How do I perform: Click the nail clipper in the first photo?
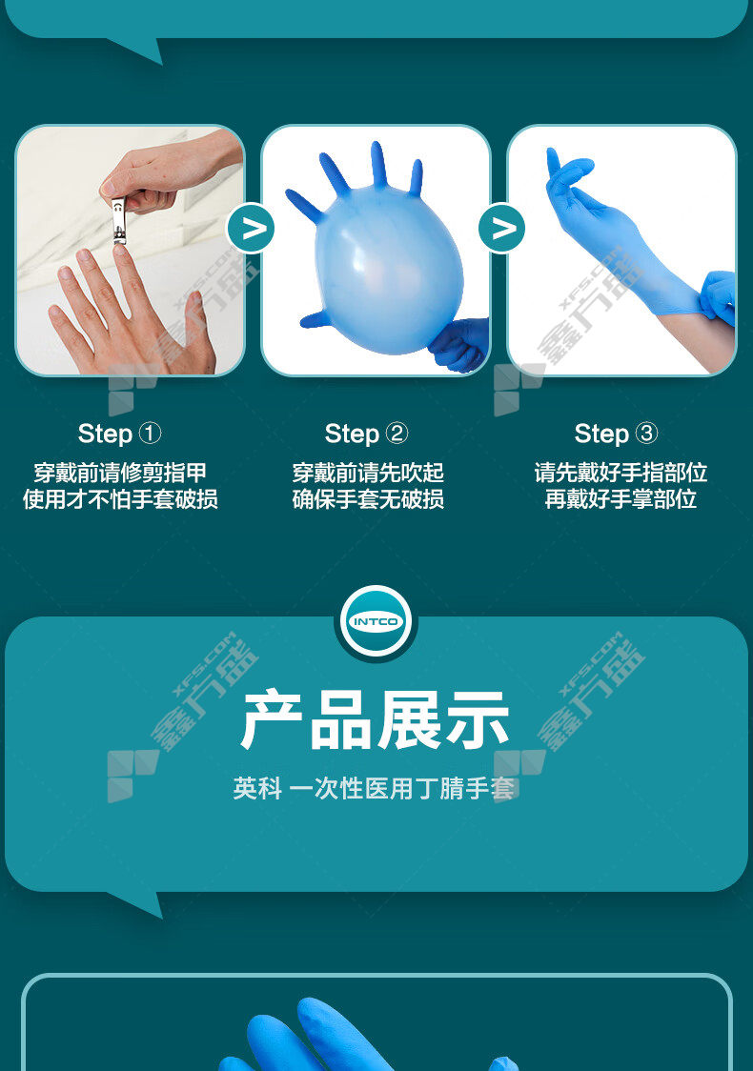119,221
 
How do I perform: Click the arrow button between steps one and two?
251,228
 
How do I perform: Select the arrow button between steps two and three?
502,228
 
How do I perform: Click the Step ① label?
119,433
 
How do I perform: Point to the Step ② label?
366,433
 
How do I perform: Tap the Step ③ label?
617,433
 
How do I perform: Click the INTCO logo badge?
376,621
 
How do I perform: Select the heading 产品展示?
376,720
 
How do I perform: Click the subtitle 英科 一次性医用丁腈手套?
374,789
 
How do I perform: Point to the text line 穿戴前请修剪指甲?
120,473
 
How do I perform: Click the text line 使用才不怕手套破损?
120,499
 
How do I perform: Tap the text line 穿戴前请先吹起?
368,473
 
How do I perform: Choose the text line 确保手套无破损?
368,499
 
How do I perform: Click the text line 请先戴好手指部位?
621,473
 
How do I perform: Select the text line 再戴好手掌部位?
621,499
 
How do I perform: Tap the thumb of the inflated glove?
315,319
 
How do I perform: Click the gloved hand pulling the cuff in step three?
718,298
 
